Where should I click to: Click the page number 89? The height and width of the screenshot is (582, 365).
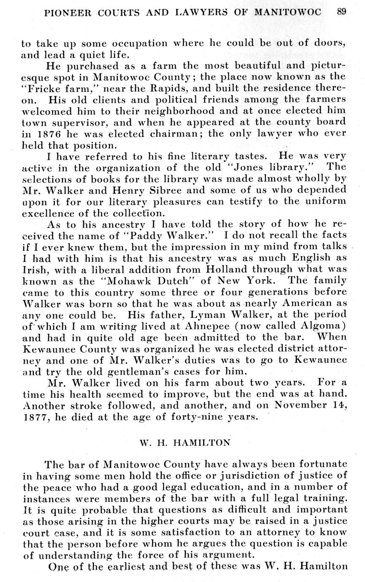coord(342,12)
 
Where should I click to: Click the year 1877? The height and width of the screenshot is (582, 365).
coord(33,417)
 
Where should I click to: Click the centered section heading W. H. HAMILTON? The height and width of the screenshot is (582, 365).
coord(185,443)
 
